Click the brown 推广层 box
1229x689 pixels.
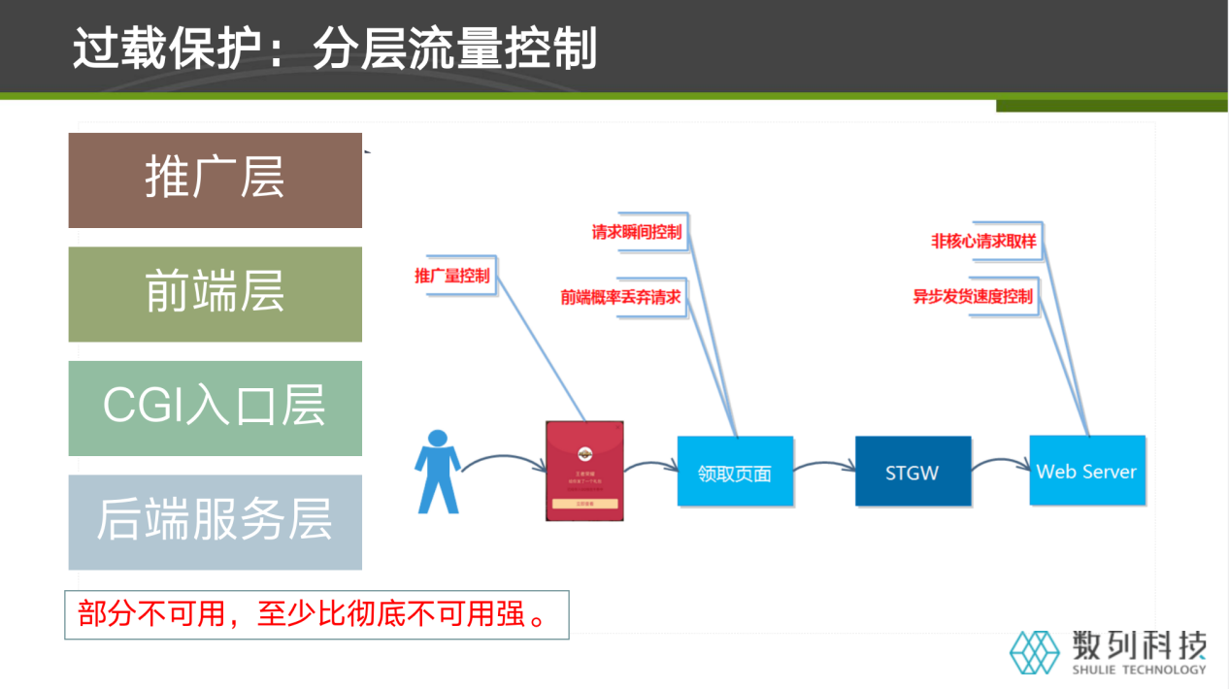pos(215,180)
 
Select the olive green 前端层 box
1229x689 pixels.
pos(215,294)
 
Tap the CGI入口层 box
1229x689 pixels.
pos(215,408)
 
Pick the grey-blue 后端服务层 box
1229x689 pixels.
pos(215,522)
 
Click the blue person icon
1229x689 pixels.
pos(437,472)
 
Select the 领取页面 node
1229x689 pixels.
pos(735,472)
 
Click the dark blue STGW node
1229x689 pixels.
pos(913,472)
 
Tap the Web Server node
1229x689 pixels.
pos(1086,471)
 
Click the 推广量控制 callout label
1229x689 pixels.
pos(452,276)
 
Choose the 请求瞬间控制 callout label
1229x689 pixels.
pos(637,233)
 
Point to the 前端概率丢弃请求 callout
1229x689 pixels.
pos(620,297)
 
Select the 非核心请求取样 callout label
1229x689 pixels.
pos(977,242)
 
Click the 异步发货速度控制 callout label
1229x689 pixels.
pos(973,296)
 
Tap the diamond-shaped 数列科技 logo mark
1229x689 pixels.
pos(1035,651)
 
